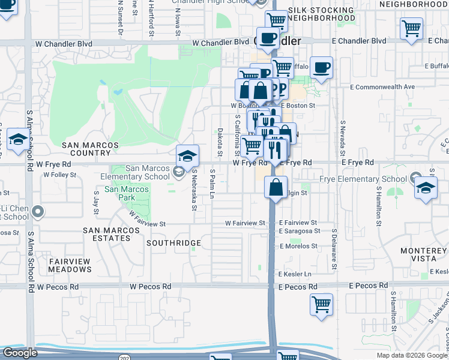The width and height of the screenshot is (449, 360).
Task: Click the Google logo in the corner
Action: (20, 352)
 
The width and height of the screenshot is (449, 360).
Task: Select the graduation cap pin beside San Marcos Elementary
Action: (188, 157)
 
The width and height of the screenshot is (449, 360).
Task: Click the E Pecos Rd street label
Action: (298, 287)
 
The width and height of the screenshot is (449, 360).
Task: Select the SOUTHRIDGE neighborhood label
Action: (173, 243)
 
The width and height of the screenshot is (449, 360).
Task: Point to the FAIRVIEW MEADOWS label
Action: (70, 265)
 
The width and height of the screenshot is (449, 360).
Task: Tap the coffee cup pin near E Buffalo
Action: (321, 67)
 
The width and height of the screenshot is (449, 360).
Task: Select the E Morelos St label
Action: (298, 246)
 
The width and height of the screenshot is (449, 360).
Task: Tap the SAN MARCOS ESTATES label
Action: (107, 234)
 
